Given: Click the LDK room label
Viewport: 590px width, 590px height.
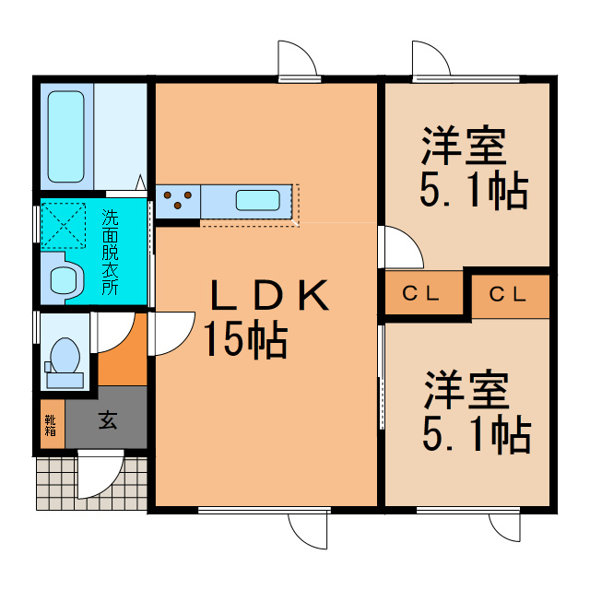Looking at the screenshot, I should [266, 296].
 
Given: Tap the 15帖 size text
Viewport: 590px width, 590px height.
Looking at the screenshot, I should [245, 340].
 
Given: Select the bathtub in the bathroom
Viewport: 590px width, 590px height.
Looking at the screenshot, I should [67, 136].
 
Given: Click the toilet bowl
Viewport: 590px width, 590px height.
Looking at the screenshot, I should [64, 357].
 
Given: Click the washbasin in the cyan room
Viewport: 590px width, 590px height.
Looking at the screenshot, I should [64, 279].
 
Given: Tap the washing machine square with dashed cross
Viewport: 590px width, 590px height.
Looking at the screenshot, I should [62, 223].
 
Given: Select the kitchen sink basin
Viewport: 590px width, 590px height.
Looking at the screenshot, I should [257, 200].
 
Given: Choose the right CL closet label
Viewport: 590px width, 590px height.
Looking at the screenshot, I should [507, 295].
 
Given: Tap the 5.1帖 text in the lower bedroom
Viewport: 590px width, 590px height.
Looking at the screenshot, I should [476, 432].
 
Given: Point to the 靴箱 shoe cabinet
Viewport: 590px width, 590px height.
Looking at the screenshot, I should [51, 425].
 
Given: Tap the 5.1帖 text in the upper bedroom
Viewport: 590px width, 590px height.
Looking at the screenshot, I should [473, 190].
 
